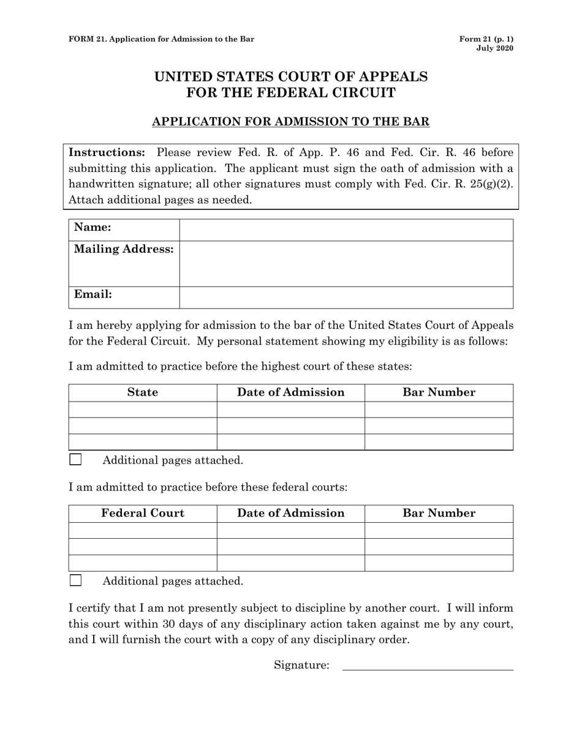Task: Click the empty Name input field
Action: [x=346, y=230]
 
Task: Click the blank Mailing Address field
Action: [x=346, y=263]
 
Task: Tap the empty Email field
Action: [x=346, y=297]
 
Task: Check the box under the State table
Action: [x=75, y=460]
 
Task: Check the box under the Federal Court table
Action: [x=75, y=580]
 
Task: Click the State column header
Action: [x=143, y=392]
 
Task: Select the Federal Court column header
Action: [x=143, y=513]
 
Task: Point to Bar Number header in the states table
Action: [x=439, y=392]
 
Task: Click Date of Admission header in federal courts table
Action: [x=291, y=513]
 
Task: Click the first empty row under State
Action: [x=143, y=410]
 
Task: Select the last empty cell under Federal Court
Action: [x=143, y=563]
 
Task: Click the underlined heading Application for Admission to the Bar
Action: [x=290, y=122]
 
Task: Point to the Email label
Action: [x=93, y=294]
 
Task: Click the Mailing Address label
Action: [x=124, y=249]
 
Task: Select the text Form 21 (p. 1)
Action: [x=486, y=39]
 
